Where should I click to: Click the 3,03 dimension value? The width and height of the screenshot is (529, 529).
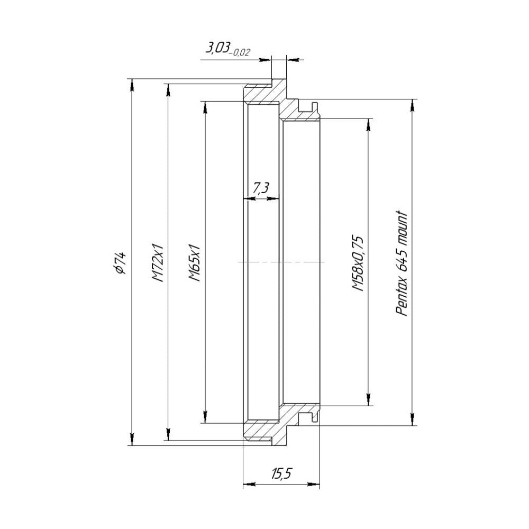217,48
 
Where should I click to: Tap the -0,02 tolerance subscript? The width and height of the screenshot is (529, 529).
240,52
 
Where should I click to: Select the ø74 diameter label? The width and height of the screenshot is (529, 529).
120,262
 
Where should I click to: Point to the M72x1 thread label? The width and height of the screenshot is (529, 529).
157,262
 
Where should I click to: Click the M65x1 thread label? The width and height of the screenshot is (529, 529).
195,262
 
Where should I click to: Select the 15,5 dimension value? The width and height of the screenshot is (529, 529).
281,474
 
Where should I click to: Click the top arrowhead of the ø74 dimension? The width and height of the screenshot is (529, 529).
132,84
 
